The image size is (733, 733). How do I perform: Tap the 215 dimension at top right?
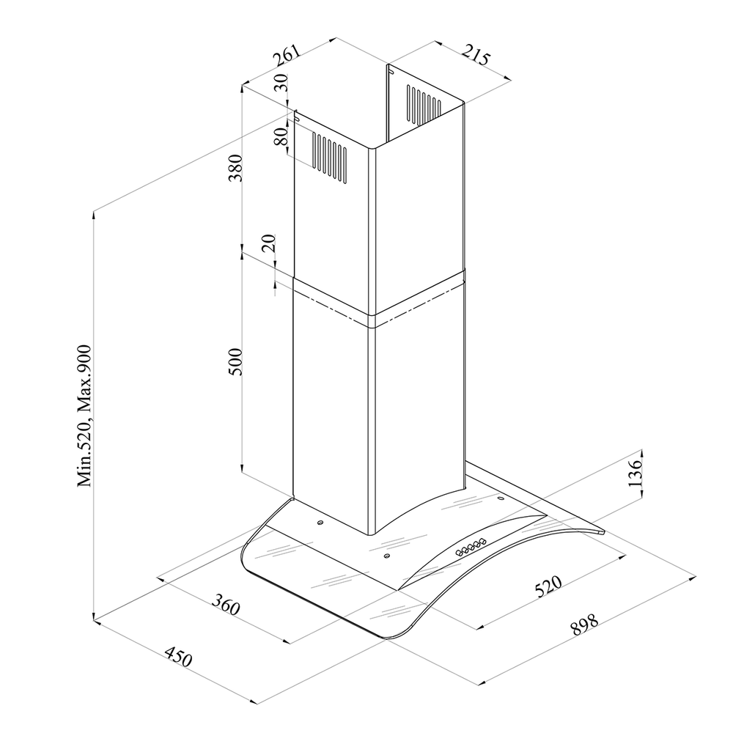(476, 55)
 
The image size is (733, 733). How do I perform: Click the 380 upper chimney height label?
(235, 167)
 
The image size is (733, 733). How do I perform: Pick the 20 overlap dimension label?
(269, 243)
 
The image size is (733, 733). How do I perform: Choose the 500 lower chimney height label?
(235, 361)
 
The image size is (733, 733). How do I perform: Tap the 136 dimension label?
(635, 474)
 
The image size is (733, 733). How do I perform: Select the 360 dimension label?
(226, 605)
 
